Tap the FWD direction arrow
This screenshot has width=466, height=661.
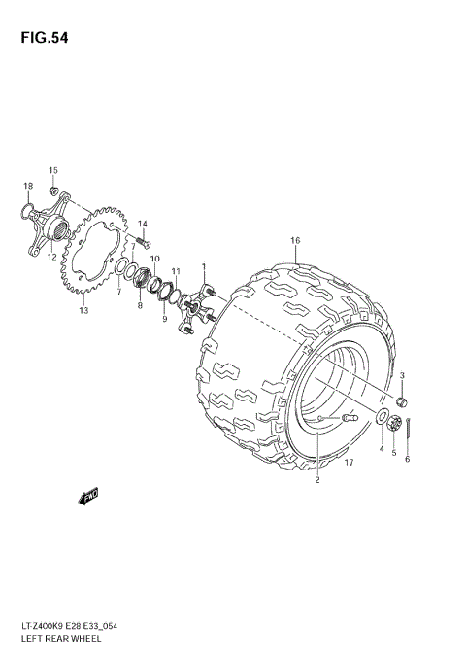coord(88,496)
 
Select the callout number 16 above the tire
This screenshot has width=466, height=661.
coord(295,240)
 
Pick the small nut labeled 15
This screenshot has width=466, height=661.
coord(56,189)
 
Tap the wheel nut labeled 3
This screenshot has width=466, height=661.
coord(403,400)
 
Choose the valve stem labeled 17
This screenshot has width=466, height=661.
coord(351,418)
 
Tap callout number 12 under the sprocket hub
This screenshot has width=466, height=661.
coord(50,258)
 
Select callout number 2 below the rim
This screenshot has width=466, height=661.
coord(316,479)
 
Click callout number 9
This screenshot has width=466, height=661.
coord(164,320)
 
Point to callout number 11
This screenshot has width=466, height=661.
coord(176,271)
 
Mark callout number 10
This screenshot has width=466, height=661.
coord(154,258)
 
